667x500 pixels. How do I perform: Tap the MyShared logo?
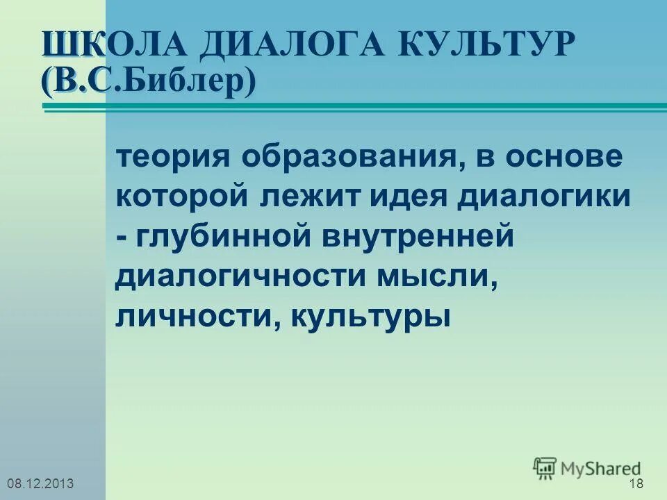click(588, 467)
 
